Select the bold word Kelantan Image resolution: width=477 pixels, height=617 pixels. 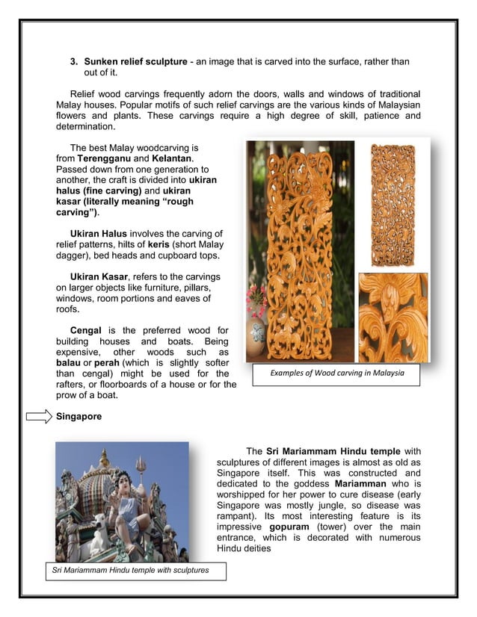coord(172,159)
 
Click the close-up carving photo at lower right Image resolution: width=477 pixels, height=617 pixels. coord(393,317)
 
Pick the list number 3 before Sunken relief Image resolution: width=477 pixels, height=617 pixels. coord(74,61)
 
